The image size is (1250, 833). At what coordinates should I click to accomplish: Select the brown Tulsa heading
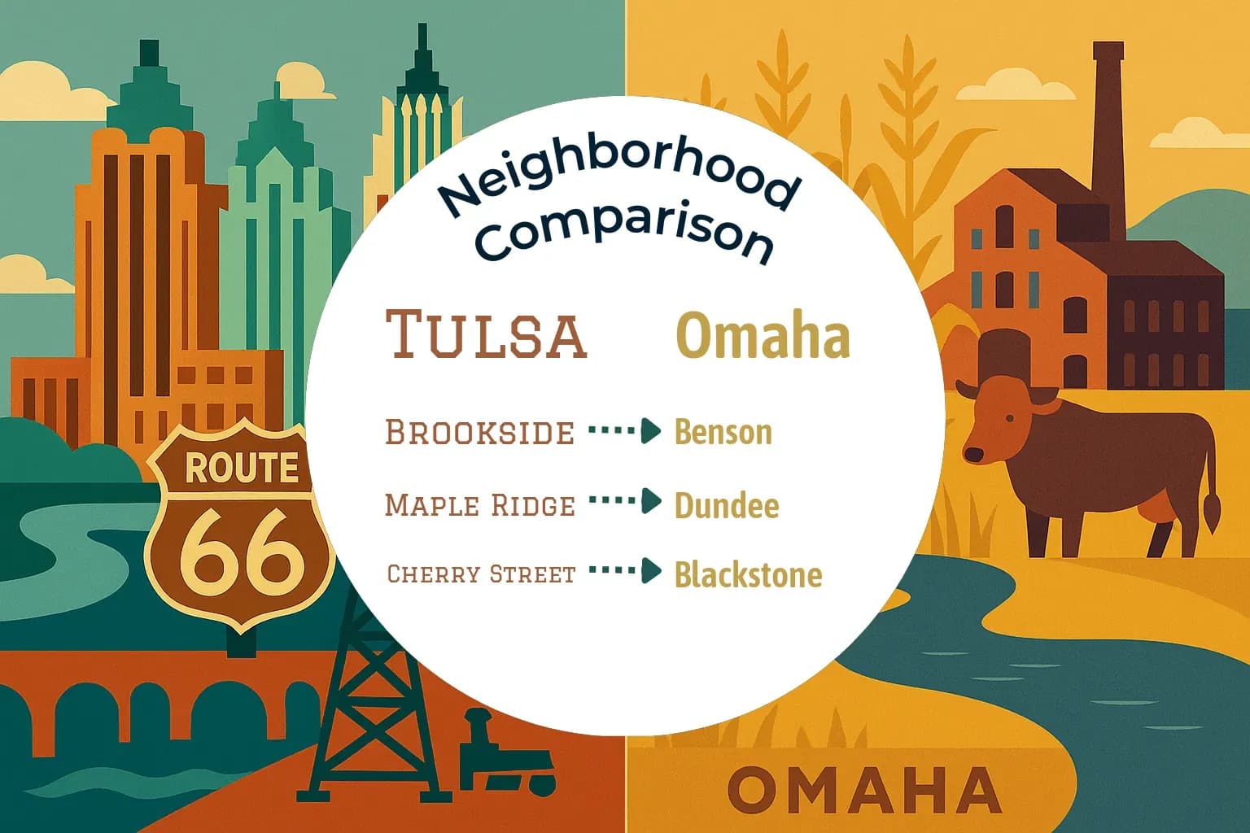click(486, 334)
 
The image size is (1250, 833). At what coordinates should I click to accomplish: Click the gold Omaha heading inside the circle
click(763, 335)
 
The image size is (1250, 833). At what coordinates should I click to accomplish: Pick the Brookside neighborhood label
click(479, 432)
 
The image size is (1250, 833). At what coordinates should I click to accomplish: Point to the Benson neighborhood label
click(723, 432)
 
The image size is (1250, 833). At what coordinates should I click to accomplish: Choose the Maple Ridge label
click(479, 505)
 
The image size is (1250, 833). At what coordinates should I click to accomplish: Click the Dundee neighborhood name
click(726, 505)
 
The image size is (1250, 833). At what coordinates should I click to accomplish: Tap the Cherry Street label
click(481, 574)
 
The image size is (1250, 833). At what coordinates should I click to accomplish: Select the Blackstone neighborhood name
click(748, 574)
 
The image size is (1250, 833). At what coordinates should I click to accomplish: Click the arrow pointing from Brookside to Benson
click(624, 431)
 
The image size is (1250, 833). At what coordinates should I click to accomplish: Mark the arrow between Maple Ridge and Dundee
click(624, 501)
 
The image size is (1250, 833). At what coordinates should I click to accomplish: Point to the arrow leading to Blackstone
click(624, 571)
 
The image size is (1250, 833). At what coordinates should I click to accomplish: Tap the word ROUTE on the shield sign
click(241, 468)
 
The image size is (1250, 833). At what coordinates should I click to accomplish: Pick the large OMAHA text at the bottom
click(863, 789)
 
